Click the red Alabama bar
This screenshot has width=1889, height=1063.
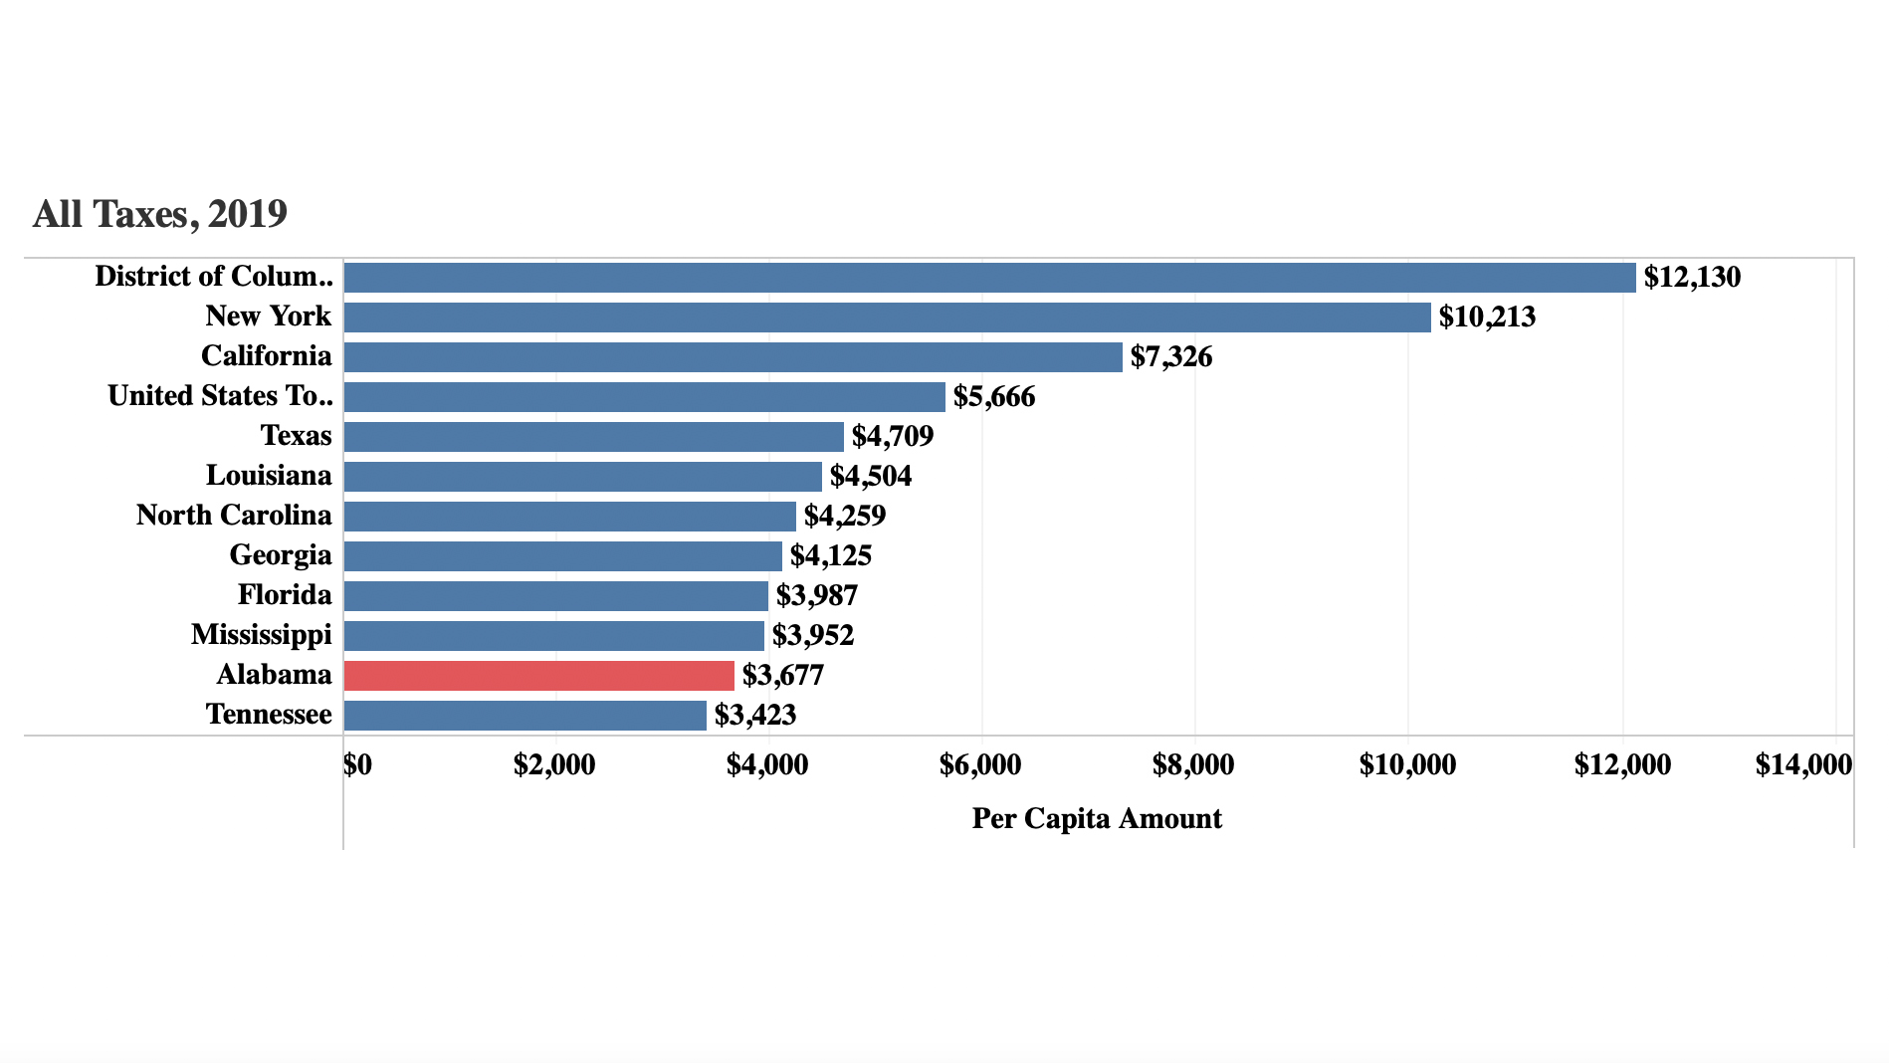click(x=538, y=676)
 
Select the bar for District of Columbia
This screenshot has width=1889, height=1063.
click(x=989, y=278)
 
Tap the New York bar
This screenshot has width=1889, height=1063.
click(x=887, y=318)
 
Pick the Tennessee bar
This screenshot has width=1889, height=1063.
click(x=525, y=716)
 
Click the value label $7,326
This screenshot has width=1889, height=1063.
click(x=1170, y=357)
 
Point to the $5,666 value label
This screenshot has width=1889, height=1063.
click(x=993, y=397)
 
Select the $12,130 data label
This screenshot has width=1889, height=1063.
click(x=1691, y=278)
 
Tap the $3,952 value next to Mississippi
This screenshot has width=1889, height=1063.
click(x=812, y=636)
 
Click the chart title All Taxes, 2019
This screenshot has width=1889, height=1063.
click(x=160, y=214)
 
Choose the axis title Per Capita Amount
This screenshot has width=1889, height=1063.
click(x=1096, y=819)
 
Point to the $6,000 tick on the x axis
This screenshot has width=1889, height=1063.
click(x=979, y=765)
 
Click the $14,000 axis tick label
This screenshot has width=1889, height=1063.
click(x=1802, y=765)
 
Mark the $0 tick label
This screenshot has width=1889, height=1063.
click(x=357, y=765)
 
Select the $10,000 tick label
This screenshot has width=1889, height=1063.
click(x=1406, y=765)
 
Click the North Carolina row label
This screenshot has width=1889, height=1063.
click(x=234, y=516)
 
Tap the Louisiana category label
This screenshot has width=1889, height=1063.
click(x=269, y=476)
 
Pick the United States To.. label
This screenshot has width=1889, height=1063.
click(x=220, y=396)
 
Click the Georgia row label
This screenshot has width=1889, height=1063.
click(x=280, y=555)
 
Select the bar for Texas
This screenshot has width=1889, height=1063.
click(x=593, y=437)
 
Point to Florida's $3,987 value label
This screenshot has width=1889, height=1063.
click(x=816, y=596)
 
